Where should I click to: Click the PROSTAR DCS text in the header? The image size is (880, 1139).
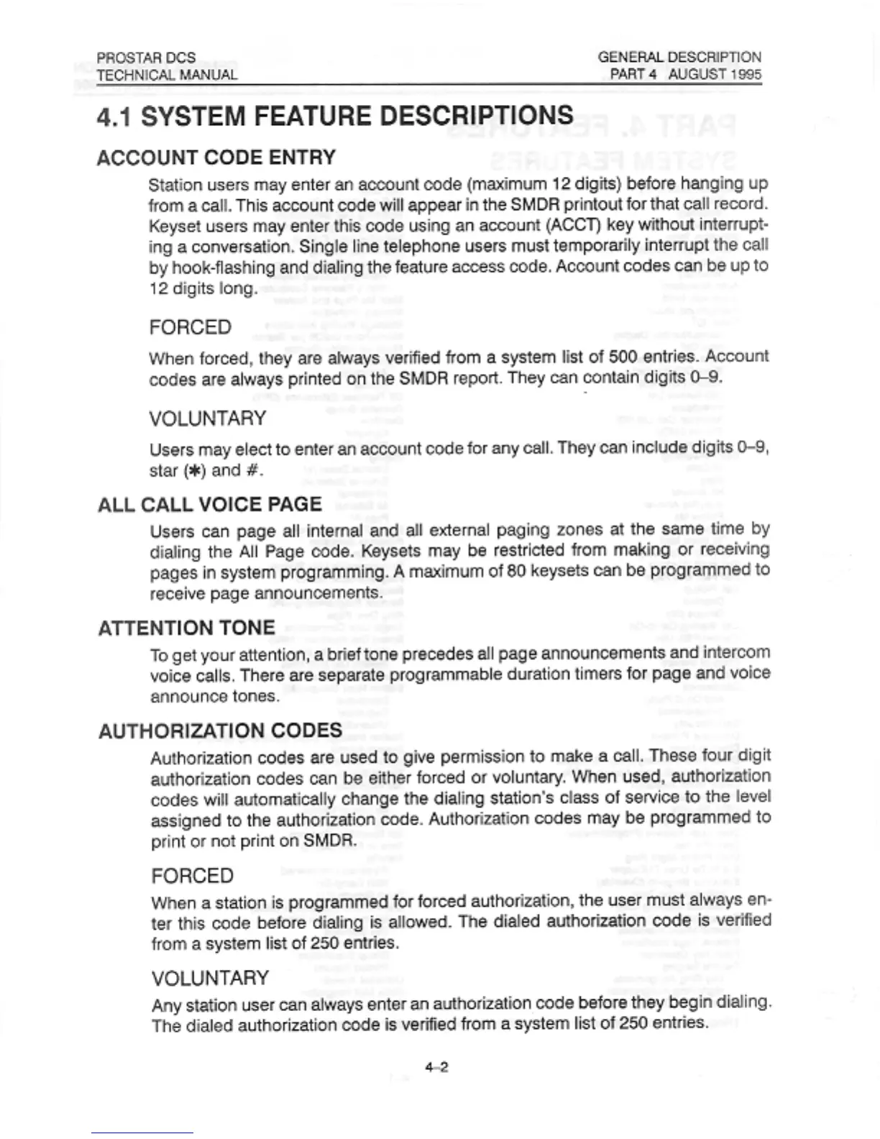[146, 58]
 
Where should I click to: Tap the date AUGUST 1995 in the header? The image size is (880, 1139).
[715, 74]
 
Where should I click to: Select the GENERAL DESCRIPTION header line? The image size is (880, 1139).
[679, 57]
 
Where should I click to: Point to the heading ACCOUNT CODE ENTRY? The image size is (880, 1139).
[216, 157]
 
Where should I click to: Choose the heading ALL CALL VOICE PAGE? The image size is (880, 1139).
[210, 504]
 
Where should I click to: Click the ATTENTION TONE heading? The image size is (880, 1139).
[187, 628]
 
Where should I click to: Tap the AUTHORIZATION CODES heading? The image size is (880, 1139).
[221, 731]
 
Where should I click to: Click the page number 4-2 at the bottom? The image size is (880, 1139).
[436, 1067]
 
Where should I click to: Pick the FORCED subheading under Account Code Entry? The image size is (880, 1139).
[191, 327]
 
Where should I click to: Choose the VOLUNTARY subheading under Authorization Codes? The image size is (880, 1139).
[210, 978]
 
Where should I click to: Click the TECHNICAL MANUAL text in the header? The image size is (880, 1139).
[167, 75]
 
